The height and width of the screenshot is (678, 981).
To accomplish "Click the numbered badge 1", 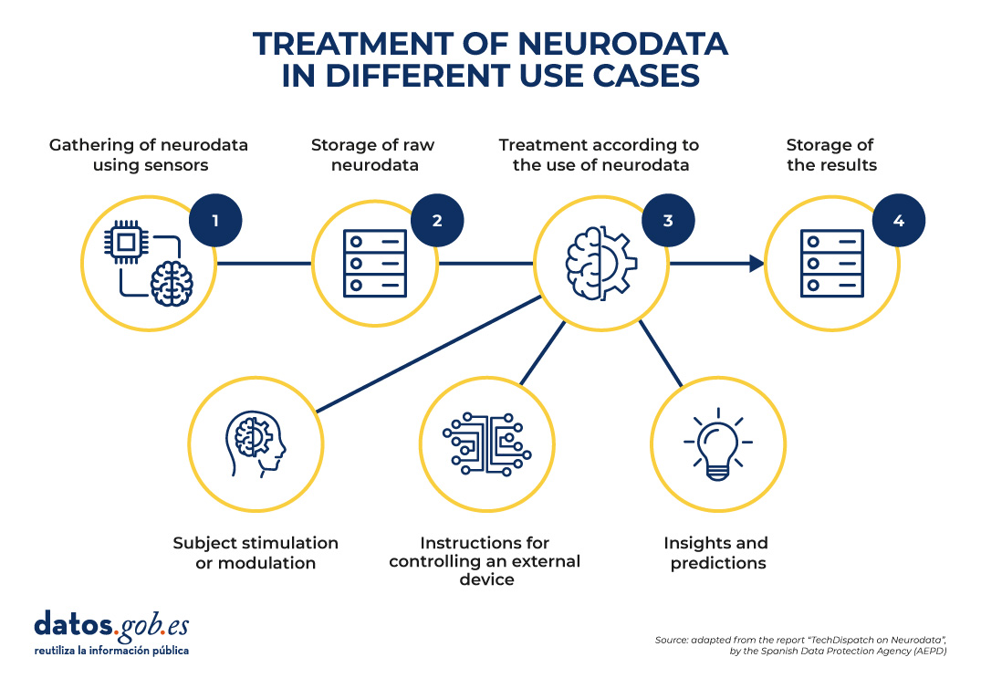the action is pos(215,221).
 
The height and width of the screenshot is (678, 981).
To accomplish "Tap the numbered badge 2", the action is pos(437,221).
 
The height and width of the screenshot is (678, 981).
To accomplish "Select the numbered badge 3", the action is pos(668,221).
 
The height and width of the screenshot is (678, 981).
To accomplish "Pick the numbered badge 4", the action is pos(899,221).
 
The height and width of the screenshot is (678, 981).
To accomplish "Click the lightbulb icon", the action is pos(718,444).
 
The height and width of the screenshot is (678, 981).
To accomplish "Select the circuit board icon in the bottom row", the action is pos(486,444).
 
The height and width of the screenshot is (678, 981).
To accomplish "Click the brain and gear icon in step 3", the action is pos(600,264).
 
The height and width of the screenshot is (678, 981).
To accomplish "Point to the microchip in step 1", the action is pos(126,242).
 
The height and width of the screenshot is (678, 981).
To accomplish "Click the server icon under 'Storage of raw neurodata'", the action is pos(375,264).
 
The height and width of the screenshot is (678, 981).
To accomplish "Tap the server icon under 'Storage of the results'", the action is pos(832,264).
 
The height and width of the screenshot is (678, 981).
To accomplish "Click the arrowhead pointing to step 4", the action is pos(757,264).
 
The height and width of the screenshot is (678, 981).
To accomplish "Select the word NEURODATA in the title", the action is pos(622,44).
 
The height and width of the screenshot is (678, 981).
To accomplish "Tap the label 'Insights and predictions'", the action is pos(717,553).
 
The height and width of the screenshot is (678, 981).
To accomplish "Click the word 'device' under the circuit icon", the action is pos(486,579).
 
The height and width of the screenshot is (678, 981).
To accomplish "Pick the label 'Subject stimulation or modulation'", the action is pos(256,553).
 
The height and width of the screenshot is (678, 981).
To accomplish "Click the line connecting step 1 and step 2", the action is pos(264,264).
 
